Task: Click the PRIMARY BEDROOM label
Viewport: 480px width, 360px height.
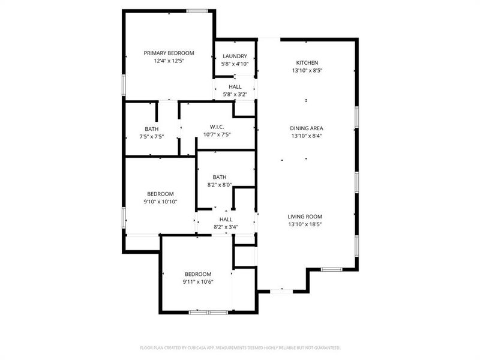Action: click(x=168, y=53)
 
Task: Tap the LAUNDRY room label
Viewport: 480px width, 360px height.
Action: click(x=235, y=56)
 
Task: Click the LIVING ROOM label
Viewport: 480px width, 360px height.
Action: click(x=305, y=217)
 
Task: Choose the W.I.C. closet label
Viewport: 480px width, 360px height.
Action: click(x=217, y=126)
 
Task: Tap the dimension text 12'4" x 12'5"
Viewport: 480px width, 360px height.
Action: click(x=168, y=61)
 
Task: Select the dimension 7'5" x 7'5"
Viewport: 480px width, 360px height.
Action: click(x=152, y=137)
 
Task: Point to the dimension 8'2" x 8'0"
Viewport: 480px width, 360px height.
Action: click(x=219, y=185)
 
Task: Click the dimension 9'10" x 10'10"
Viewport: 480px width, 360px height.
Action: click(x=161, y=202)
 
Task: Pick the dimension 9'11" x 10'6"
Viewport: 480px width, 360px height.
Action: click(x=198, y=281)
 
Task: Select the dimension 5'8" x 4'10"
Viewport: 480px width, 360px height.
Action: click(x=235, y=64)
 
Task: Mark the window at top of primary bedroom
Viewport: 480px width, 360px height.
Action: click(x=196, y=11)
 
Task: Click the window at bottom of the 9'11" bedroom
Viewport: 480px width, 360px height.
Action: click(x=208, y=312)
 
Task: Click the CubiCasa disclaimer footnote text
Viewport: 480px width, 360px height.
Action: click(x=240, y=347)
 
